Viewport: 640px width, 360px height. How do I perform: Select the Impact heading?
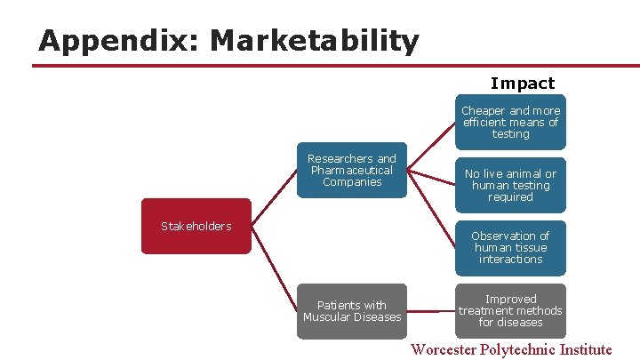coord(522,84)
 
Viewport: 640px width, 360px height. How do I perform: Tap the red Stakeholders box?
coord(196,226)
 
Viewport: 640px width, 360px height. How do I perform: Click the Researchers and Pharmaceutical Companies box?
coord(352,170)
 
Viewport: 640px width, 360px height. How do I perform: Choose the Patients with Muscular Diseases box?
coord(352,311)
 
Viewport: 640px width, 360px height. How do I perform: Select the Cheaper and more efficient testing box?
coord(510,123)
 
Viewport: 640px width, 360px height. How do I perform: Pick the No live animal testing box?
coord(510,186)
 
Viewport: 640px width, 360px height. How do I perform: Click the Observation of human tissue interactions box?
coord(510,248)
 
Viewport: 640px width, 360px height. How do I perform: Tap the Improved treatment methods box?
coord(510,311)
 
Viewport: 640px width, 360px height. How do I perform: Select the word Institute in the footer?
coord(587,349)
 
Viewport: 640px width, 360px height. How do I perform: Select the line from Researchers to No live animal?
coord(432,178)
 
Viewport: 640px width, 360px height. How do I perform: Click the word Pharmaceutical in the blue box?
coord(352,170)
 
